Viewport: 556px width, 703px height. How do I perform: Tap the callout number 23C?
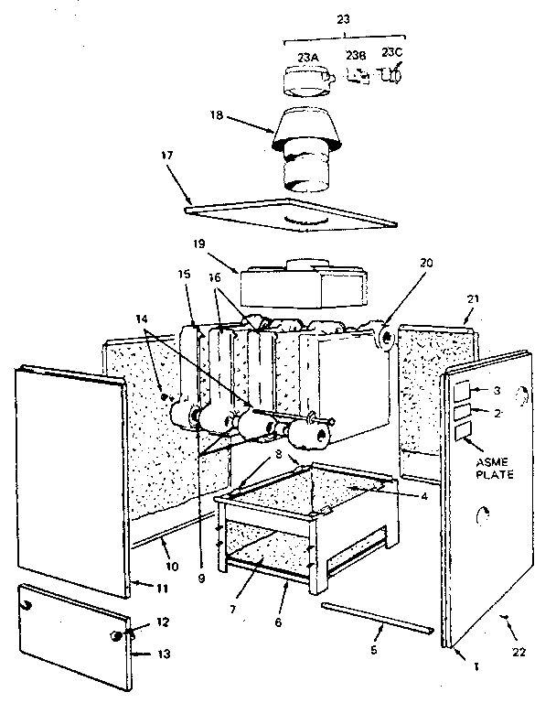(392, 53)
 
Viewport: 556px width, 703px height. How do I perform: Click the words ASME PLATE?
(489, 468)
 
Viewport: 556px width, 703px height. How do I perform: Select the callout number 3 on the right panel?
(497, 391)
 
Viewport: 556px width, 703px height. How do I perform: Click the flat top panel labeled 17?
(293, 211)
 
